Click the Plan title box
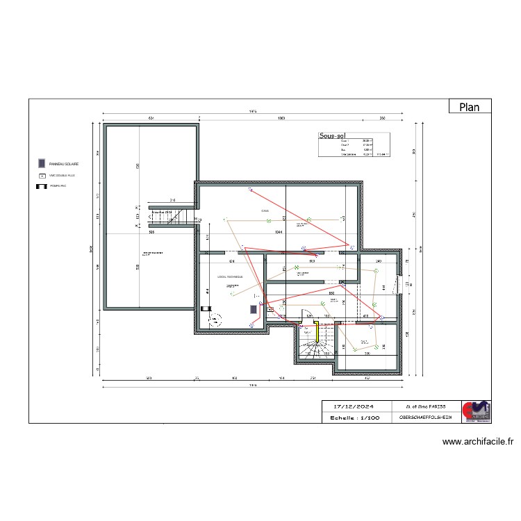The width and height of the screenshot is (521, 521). tap(470, 106)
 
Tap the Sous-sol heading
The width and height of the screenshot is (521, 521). tap(332, 137)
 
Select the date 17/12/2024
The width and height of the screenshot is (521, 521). tap(354, 406)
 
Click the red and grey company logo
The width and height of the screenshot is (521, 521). tap(477, 411)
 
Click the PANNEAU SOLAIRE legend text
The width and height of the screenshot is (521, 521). tap(63, 164)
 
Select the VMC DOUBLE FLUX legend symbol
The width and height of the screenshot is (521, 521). tap(41, 176)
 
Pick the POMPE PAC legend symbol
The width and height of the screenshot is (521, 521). tap(41, 186)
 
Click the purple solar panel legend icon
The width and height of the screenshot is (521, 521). tap(41, 163)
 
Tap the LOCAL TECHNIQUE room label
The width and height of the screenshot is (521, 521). tap(230, 276)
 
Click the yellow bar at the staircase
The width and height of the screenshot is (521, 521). tap(317, 331)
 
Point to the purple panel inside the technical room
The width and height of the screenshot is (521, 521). tap(254, 310)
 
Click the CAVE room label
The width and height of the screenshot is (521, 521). tap(265, 210)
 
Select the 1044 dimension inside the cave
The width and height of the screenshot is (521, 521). tap(278, 232)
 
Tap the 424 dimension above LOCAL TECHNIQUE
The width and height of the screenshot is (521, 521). tap(231, 261)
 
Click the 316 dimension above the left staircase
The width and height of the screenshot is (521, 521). tap(172, 201)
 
